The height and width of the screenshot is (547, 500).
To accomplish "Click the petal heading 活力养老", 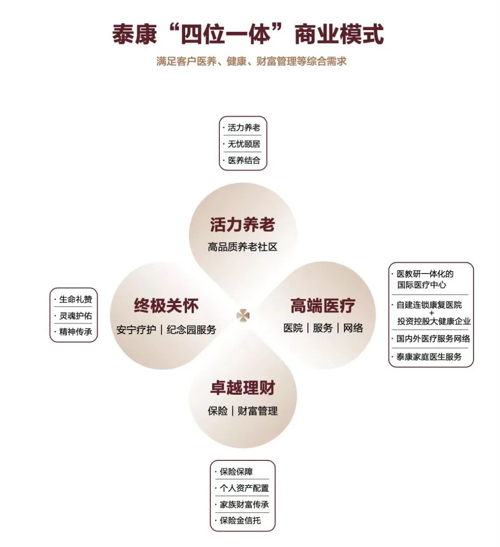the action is click(x=243, y=224).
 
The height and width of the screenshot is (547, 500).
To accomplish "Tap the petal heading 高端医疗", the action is click(x=323, y=306).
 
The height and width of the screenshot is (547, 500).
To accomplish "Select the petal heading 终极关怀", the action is click(x=166, y=306).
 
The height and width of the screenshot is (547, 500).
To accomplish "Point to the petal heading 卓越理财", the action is click(x=243, y=388).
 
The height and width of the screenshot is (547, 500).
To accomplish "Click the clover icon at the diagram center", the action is click(x=243, y=316).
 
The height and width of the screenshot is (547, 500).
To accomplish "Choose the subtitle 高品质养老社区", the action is click(x=243, y=247).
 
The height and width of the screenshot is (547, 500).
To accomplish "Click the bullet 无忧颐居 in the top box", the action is click(x=244, y=144).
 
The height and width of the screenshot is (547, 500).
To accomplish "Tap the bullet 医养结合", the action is click(x=244, y=160).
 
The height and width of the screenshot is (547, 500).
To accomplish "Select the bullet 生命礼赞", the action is click(x=76, y=299).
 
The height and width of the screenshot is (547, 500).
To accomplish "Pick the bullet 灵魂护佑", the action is click(x=76, y=316).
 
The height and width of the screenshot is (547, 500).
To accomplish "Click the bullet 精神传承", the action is click(x=76, y=331).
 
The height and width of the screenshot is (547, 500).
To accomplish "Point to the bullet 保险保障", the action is click(x=236, y=472).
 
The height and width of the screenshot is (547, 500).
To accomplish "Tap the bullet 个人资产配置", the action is click(x=244, y=488).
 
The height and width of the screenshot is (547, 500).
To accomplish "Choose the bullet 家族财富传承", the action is click(x=244, y=504).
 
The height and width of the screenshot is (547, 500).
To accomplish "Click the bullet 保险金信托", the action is click(x=240, y=521).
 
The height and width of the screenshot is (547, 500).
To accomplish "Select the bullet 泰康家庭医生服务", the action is click(x=429, y=357).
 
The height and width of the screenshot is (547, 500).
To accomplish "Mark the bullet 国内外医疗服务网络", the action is click(x=433, y=338).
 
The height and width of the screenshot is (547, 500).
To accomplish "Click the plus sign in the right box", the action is click(x=432, y=313).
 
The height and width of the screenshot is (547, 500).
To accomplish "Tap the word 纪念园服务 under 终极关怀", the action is click(x=191, y=329).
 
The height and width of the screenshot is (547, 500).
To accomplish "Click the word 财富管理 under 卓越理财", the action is click(x=257, y=411).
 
